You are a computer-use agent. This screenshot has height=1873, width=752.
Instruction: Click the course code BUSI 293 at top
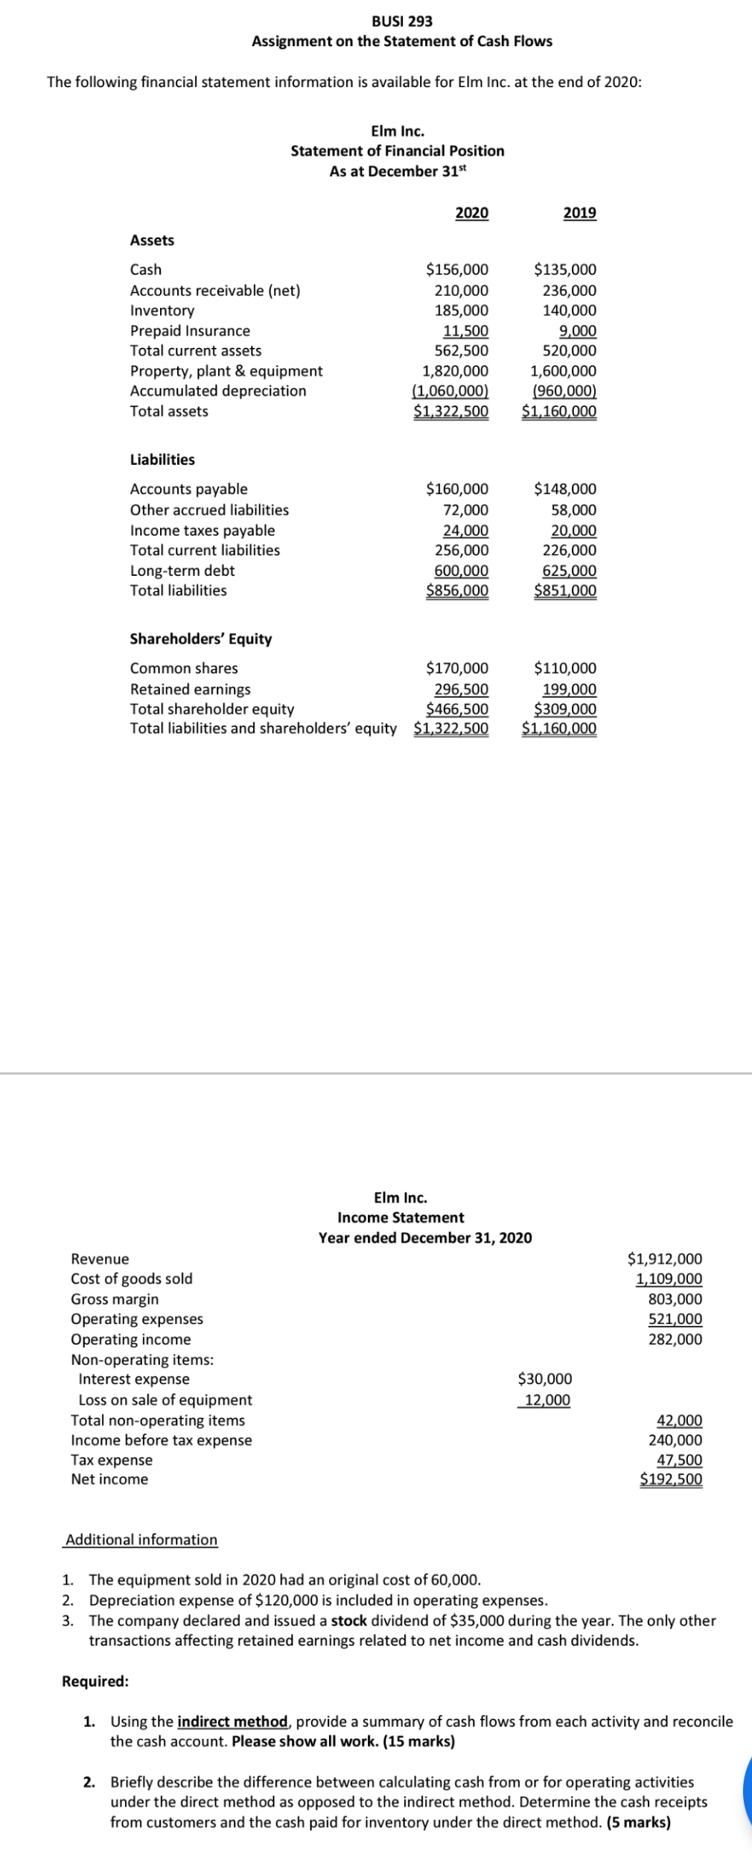pyautogui.click(x=402, y=21)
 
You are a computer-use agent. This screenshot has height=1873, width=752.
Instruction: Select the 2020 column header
pyautogui.click(x=472, y=213)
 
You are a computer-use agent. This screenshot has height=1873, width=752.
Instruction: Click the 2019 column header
pyautogui.click(x=580, y=213)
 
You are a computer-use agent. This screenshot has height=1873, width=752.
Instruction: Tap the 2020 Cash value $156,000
pyautogui.click(x=457, y=270)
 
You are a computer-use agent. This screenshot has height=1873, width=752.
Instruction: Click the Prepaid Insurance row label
pyautogui.click(x=190, y=331)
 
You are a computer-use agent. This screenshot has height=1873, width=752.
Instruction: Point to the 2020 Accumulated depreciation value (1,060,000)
pyautogui.click(x=450, y=391)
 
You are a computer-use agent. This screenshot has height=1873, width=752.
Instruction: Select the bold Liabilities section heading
pyautogui.click(x=162, y=460)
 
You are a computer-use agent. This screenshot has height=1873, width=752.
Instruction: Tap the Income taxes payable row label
pyautogui.click(x=202, y=530)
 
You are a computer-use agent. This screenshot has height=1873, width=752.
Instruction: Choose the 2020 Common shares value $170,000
pyautogui.click(x=457, y=668)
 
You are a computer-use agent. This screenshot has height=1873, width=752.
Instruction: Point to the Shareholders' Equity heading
pyautogui.click(x=201, y=639)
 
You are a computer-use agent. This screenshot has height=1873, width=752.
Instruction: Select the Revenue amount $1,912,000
pyautogui.click(x=665, y=1259)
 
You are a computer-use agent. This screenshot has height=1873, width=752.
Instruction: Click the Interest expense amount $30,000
pyautogui.click(x=545, y=1379)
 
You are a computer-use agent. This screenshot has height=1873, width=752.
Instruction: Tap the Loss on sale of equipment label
pyautogui.click(x=165, y=1400)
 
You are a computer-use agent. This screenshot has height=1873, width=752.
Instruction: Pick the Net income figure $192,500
pyautogui.click(x=671, y=1479)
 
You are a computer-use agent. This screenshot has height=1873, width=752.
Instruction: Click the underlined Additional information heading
pyautogui.click(x=141, y=1540)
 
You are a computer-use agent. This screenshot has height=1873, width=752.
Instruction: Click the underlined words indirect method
pyautogui.click(x=232, y=1722)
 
